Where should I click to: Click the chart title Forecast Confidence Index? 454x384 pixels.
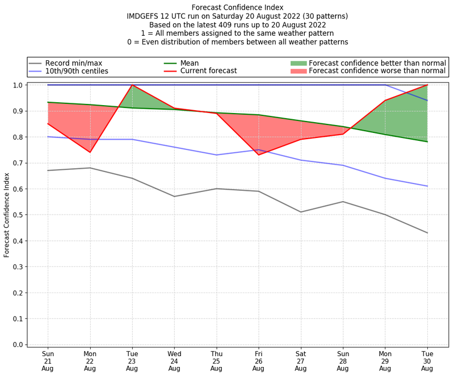238,7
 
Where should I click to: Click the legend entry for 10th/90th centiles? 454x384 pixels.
77,71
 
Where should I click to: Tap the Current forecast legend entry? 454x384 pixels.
208,71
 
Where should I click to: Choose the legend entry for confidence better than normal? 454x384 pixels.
377,62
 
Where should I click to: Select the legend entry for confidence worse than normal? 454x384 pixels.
377,71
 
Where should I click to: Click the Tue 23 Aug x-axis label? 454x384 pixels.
132,361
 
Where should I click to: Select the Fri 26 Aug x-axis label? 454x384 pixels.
258,361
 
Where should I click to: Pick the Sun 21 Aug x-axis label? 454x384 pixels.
48,361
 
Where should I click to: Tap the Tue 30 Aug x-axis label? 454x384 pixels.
427,361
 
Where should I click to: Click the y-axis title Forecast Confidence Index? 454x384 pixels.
7,215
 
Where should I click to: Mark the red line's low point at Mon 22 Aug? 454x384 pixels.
90,152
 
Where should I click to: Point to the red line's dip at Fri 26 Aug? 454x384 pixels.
258,155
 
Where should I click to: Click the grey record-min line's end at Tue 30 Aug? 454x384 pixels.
427,233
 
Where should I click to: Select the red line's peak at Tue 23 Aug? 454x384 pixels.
132,85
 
